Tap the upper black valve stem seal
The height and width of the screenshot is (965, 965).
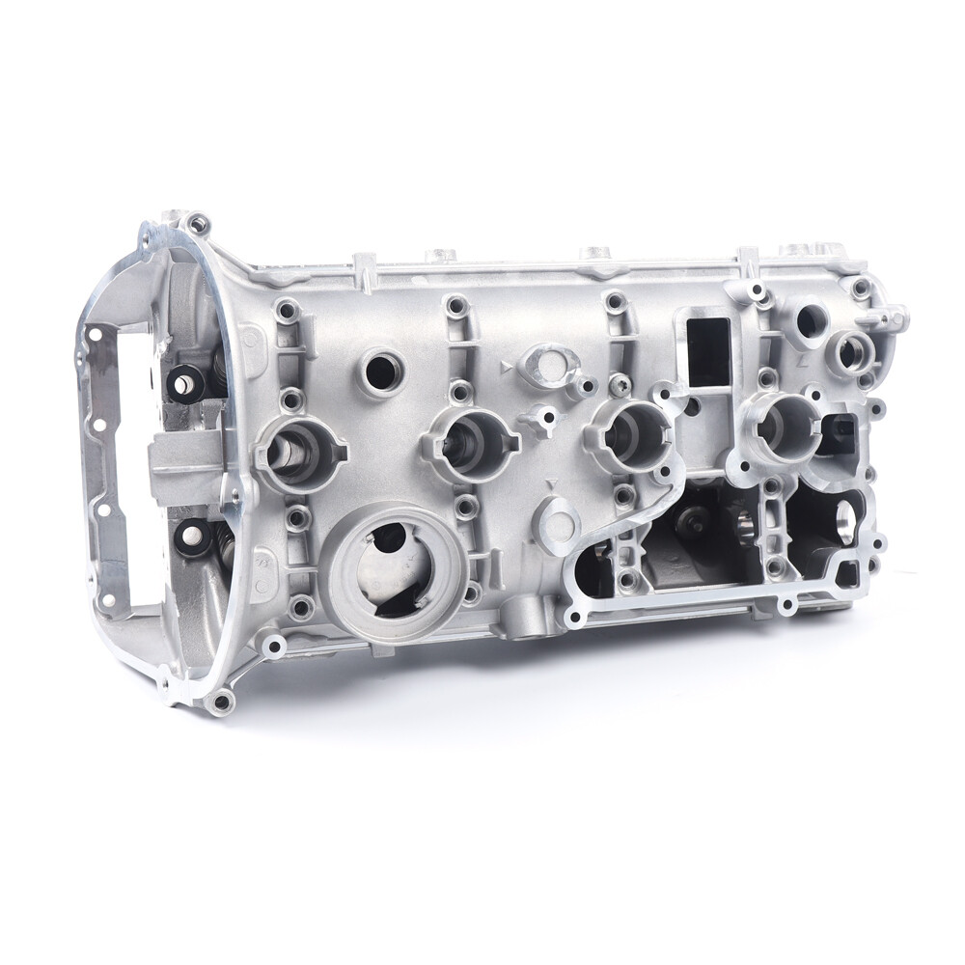click(185, 383)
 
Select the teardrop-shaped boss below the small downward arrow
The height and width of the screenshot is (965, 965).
click(558, 517)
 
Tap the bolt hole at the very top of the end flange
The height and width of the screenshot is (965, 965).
click(197, 224)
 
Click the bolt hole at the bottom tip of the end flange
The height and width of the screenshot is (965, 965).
click(221, 702)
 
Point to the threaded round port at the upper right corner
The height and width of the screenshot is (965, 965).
click(851, 352)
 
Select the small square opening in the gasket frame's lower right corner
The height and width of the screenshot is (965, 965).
click(845, 575)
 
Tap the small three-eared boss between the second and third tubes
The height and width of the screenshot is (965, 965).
click(544, 421)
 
